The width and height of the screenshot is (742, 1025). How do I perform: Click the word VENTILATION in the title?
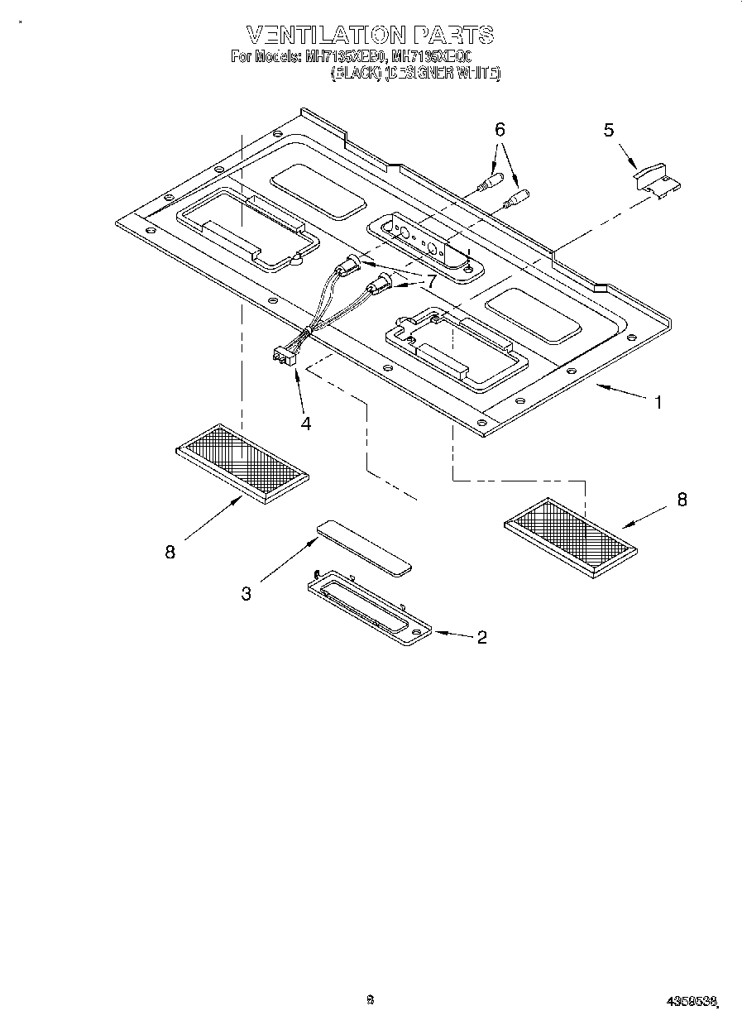coord(326,35)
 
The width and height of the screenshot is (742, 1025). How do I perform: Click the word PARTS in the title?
coord(454,35)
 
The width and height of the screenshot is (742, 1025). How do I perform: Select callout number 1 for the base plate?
coord(658,403)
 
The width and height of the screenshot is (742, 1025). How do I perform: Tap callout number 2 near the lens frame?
coord(481,637)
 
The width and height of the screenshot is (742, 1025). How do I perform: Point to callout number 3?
coord(246,593)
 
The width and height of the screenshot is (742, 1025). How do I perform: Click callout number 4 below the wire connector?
coord(306,424)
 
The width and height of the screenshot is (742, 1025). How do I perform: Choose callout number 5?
coord(609,130)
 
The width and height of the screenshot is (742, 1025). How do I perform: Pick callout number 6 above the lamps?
coord(499,129)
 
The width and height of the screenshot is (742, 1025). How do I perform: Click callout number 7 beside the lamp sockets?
coord(430,281)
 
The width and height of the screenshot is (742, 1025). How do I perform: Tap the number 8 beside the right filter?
coord(681,500)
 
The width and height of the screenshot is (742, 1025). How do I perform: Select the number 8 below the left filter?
coord(170,553)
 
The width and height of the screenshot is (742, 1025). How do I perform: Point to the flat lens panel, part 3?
coord(365,547)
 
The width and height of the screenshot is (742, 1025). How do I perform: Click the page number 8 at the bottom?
coord(371,999)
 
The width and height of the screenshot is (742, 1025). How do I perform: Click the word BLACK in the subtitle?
coord(357,73)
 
